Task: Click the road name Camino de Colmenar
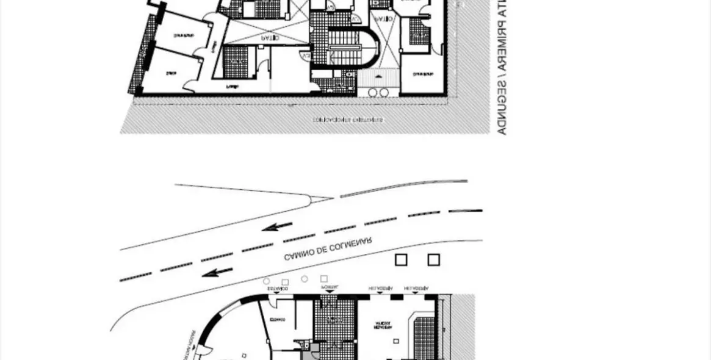click(x=328, y=249)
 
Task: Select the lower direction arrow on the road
click(x=217, y=272)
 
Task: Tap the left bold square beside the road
click(x=400, y=260)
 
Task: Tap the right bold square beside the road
click(x=433, y=260)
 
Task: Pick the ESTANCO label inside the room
click(x=279, y=319)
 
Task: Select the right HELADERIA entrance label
click(x=416, y=287)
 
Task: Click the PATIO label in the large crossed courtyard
click(x=269, y=37)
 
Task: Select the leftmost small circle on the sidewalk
click(x=266, y=281)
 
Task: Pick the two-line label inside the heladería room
click(x=383, y=325)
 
